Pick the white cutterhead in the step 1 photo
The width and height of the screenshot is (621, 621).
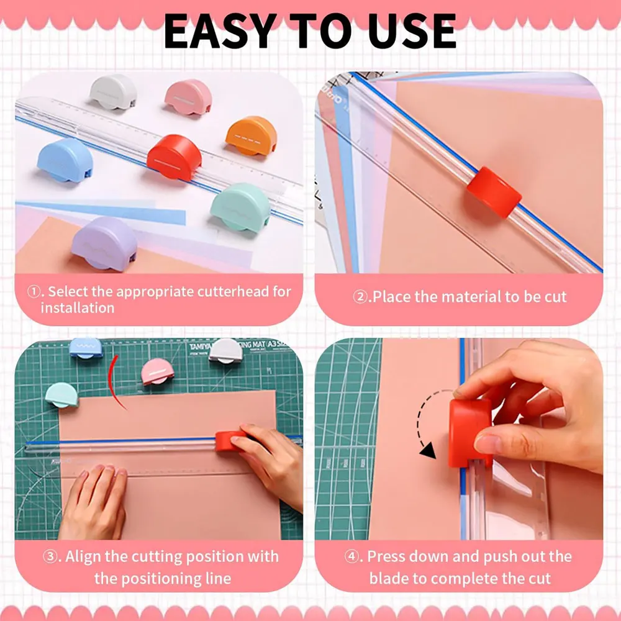(113, 92)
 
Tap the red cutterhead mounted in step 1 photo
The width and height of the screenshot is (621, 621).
(175, 158)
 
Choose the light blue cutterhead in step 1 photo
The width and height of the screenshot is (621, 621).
(65, 160)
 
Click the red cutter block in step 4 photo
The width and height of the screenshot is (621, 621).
(470, 432)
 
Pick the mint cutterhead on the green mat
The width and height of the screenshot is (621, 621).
(62, 394)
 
